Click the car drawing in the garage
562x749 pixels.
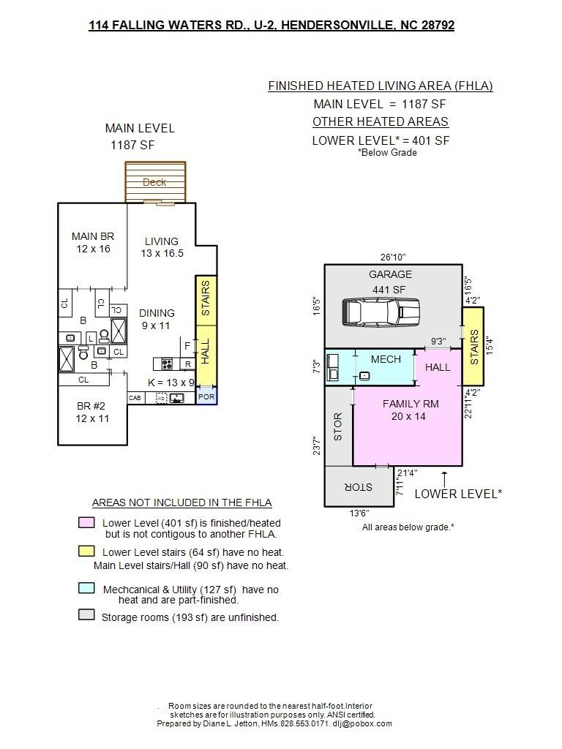(381, 312)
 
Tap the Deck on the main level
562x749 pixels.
(155, 182)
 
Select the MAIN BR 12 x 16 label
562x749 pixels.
(93, 242)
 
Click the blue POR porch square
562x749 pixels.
(207, 396)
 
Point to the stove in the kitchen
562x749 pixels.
(167, 364)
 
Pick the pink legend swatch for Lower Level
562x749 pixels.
(86, 522)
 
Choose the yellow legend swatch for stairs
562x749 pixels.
(86, 552)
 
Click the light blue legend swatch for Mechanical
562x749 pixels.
(86, 588)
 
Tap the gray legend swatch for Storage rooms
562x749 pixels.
(86, 614)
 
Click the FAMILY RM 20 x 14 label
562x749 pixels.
(410, 410)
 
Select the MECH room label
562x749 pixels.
(386, 359)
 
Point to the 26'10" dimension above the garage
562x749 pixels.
(393, 257)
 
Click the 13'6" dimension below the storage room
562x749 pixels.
(359, 513)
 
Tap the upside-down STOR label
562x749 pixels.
(359, 486)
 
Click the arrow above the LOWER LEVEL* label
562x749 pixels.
(444, 479)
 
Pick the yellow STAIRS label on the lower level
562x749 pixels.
(474, 347)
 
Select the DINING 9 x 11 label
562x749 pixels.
(157, 319)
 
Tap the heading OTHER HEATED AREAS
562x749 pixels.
(381, 122)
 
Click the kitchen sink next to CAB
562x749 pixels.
(177, 397)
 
